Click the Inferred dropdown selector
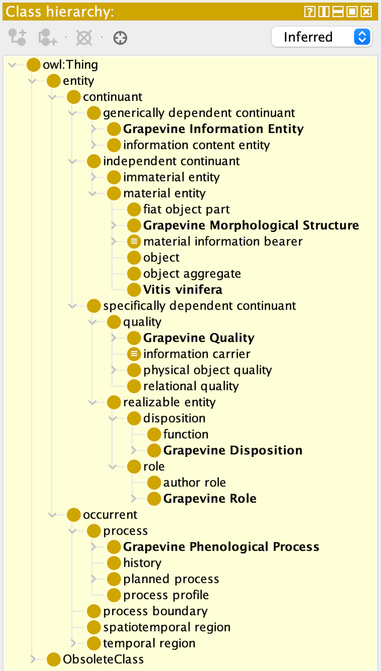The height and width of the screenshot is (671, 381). pos(321,37)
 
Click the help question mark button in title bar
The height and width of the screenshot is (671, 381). pos(310,12)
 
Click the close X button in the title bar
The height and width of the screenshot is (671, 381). pos(366,12)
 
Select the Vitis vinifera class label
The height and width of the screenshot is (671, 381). pos(183,290)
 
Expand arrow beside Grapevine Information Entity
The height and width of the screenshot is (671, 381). pos(93,129)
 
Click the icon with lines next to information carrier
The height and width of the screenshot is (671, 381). pos(134,354)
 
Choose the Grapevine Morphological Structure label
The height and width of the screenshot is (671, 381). pos(251,225)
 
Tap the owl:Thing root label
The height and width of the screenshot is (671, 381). pos(70,65)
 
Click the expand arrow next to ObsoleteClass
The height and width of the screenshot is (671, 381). pos(33,659)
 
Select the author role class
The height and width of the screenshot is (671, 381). pos(194,482)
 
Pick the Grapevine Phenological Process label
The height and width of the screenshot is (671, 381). pos(221,547)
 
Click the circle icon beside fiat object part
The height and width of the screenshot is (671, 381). pos(134,209)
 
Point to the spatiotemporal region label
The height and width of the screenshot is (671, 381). pos(167,627)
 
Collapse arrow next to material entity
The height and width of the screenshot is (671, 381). pos(93,193)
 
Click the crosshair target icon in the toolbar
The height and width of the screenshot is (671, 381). pos(120,38)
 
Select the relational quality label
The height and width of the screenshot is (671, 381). pos(191,386)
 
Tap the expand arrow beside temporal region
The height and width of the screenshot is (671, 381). pos(73,643)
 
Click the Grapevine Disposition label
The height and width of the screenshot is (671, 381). pos(233,450)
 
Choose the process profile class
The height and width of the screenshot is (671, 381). pos(166,595)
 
